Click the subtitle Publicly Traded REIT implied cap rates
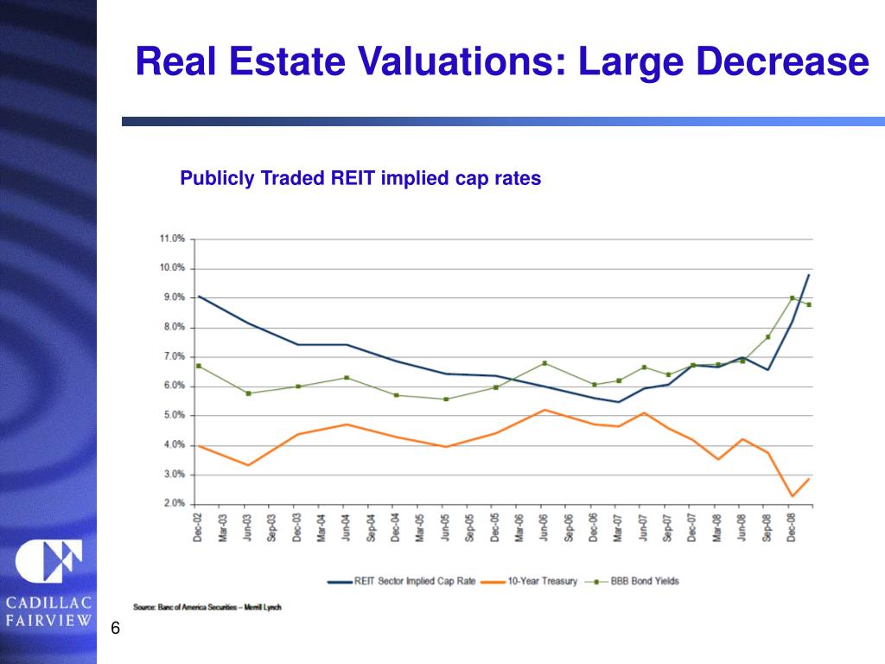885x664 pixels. tap(360, 179)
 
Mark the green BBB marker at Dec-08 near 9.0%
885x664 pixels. tap(793, 298)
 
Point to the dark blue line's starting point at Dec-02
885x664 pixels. tap(199, 297)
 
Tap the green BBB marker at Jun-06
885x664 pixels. tap(543, 363)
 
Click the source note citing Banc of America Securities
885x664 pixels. tap(207, 607)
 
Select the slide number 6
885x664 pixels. tap(113, 629)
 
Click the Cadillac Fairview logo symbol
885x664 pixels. tap(48, 562)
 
